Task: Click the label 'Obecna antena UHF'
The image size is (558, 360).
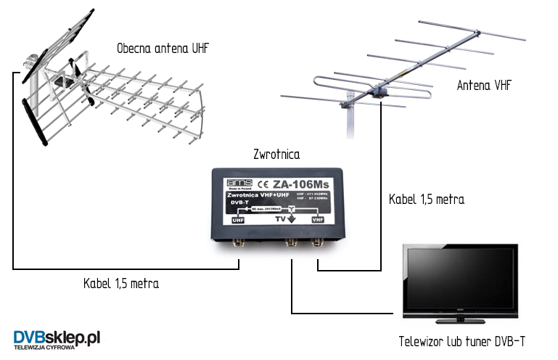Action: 167,49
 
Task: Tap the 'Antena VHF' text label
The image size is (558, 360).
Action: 484,86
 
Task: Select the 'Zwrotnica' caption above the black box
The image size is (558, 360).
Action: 276,155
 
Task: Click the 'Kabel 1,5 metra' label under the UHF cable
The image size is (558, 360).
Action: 120,283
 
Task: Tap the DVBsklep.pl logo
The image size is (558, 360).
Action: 57,338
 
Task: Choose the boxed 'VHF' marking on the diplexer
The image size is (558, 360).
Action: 317,218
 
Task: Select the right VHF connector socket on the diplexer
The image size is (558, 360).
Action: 318,243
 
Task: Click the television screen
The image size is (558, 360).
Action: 460,280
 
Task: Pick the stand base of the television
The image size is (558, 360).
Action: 460,320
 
